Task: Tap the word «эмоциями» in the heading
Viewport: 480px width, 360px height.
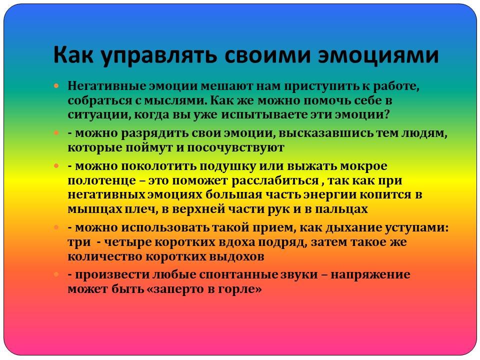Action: pyautogui.click(x=378, y=55)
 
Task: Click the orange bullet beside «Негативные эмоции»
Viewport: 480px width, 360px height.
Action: pyautogui.click(x=56, y=85)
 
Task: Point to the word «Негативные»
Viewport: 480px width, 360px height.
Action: pyautogui.click(x=106, y=85)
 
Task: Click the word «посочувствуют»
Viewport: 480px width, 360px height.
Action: pyautogui.click(x=235, y=147)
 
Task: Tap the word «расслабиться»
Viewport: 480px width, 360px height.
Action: pyautogui.click(x=275, y=180)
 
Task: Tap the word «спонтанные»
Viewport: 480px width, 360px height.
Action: pyautogui.click(x=238, y=274)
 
